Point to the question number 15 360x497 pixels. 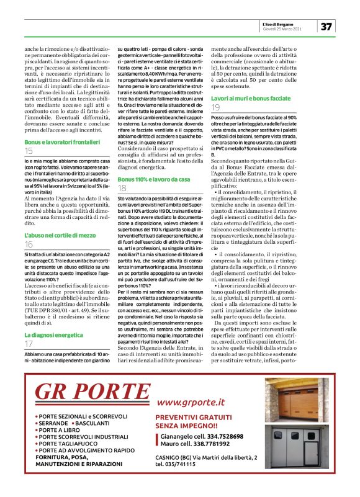point(29,151)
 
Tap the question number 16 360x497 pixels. point(29,246)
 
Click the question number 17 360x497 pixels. point(29,343)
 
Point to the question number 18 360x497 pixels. point(122,187)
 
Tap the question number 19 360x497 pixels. point(216,107)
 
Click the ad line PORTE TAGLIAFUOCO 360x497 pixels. point(68,444)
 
